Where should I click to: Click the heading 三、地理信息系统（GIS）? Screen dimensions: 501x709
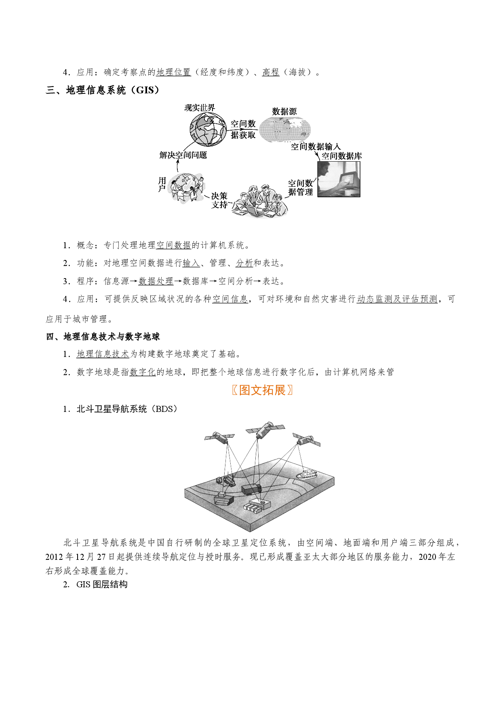(103, 90)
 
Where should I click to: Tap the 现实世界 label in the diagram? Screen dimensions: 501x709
(200, 108)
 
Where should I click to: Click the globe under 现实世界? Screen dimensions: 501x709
(208, 129)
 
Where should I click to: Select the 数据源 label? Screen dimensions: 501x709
(284, 111)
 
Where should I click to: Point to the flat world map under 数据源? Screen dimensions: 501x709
(285, 129)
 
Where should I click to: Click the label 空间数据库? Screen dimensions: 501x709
(342, 156)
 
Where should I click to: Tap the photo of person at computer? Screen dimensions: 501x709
(339, 179)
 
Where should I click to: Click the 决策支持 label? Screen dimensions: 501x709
(219, 200)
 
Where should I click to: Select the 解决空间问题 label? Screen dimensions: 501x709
(183, 155)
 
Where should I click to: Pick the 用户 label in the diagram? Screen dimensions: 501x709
(162, 184)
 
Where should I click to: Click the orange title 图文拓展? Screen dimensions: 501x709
(262, 390)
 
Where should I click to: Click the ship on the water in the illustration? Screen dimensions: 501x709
(307, 474)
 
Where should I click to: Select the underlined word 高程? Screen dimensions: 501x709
(271, 72)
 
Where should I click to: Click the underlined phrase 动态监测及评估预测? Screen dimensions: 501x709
(397, 299)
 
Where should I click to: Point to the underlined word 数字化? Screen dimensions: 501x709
(143, 372)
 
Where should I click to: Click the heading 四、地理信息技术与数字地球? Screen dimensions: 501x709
(103, 336)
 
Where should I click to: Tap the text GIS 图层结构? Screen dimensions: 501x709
(102, 585)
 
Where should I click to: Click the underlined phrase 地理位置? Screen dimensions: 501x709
(174, 72)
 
